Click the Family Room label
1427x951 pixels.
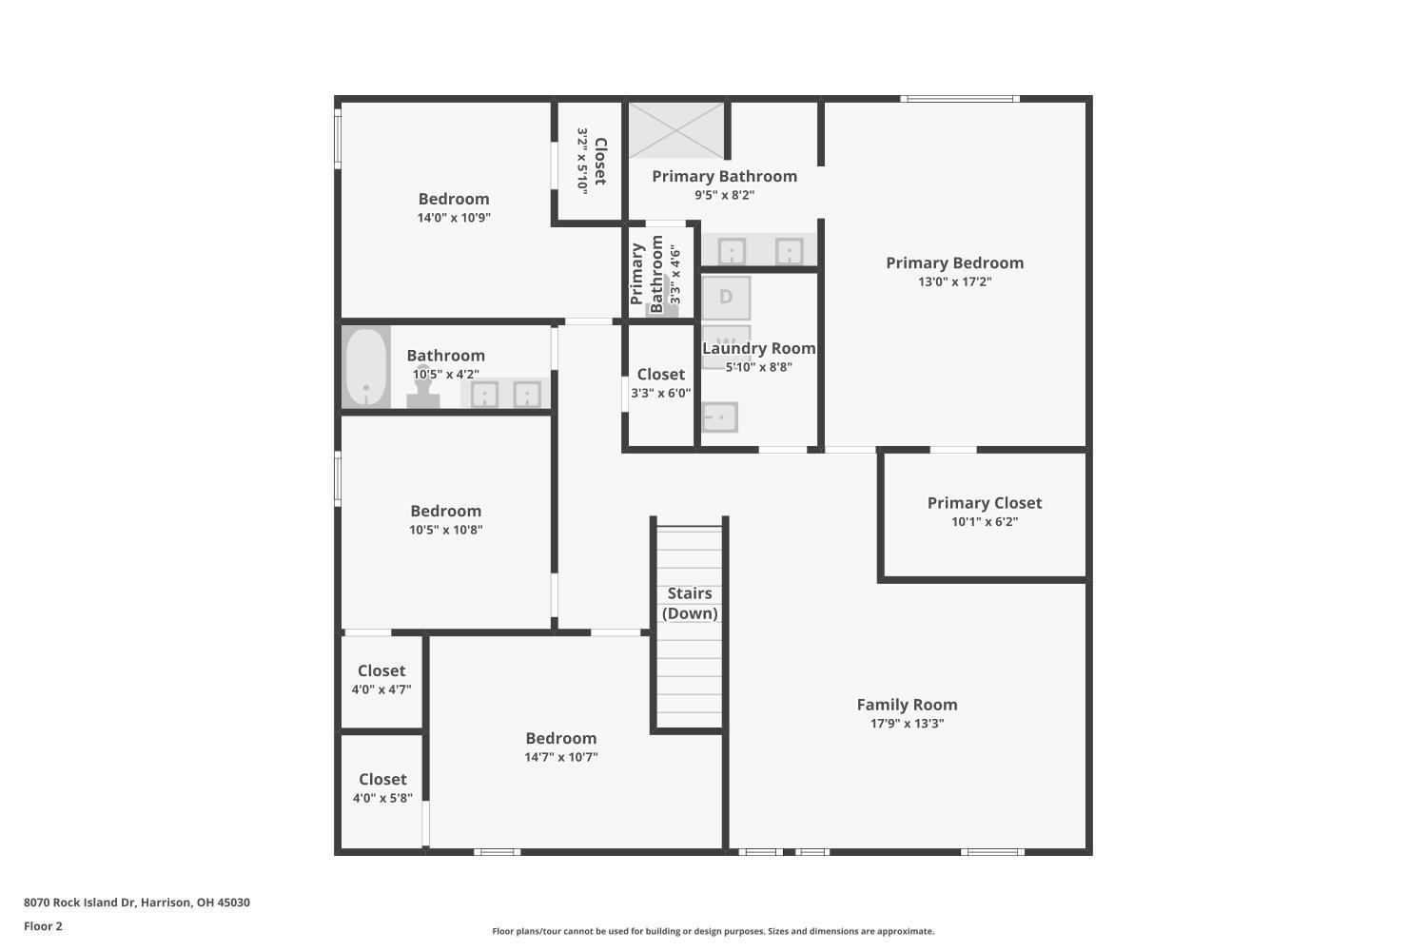[907, 705]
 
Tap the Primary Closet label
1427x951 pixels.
[985, 503]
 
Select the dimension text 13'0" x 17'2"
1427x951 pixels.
[955, 281]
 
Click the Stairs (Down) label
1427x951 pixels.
[690, 603]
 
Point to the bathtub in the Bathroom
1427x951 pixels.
[365, 367]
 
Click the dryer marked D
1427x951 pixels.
[726, 298]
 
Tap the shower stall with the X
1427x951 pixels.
[676, 130]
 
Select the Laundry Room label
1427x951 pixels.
[759, 348]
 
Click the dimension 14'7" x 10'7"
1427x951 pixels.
[561, 757]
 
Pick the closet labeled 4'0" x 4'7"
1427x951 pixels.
[381, 682]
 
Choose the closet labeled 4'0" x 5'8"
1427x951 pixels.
[382, 791]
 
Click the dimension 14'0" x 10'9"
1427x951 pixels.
[454, 218]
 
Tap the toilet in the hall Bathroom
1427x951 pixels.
[423, 387]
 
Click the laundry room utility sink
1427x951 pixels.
[720, 417]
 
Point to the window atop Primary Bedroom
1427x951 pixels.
[960, 99]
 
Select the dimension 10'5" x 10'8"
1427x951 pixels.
[446, 530]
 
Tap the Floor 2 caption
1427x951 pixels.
[44, 926]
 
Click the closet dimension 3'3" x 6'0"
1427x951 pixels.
[660, 393]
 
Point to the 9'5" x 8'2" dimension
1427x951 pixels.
[724, 195]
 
